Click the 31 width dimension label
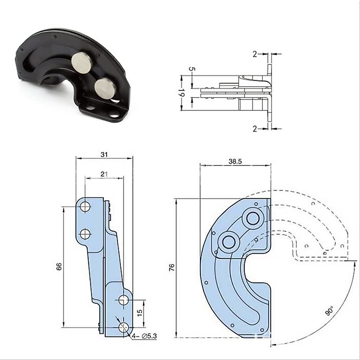pyautogui.click(x=104, y=154)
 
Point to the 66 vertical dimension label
pyautogui.click(x=59, y=266)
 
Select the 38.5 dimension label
pyautogui.click(x=235, y=161)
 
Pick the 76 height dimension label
pyautogui.click(x=171, y=268)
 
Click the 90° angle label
pyautogui.click(x=329, y=311)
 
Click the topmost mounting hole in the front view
pyautogui.click(x=85, y=206)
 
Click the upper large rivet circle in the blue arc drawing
pyautogui.click(x=253, y=218)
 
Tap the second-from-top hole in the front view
pyautogui.click(x=85, y=233)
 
